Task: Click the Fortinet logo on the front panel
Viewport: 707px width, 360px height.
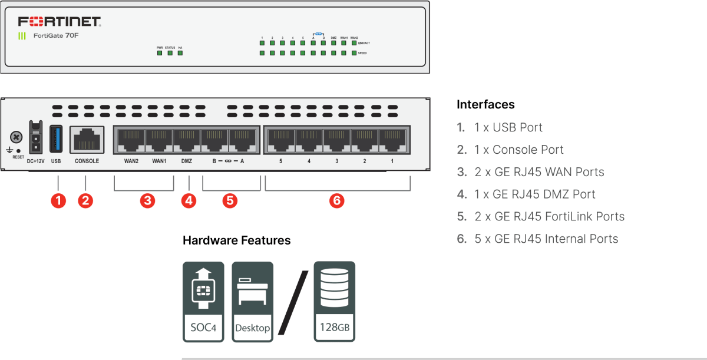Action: [60, 22]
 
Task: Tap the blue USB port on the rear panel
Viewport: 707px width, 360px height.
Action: [56, 140]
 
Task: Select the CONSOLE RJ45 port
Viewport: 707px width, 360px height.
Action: [87, 140]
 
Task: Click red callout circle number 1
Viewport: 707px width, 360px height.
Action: [58, 201]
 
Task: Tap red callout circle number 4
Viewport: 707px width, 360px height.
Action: [188, 201]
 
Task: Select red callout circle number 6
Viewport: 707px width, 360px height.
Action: [336, 201]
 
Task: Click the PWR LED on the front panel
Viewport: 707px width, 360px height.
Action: [160, 53]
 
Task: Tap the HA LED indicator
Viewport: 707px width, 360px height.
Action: [180, 53]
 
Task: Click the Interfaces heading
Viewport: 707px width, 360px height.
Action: [485, 105]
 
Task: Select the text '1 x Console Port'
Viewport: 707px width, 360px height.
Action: [518, 150]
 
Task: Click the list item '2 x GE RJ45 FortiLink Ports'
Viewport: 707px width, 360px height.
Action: [549, 216]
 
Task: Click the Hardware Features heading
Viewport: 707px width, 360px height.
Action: [236, 240]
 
